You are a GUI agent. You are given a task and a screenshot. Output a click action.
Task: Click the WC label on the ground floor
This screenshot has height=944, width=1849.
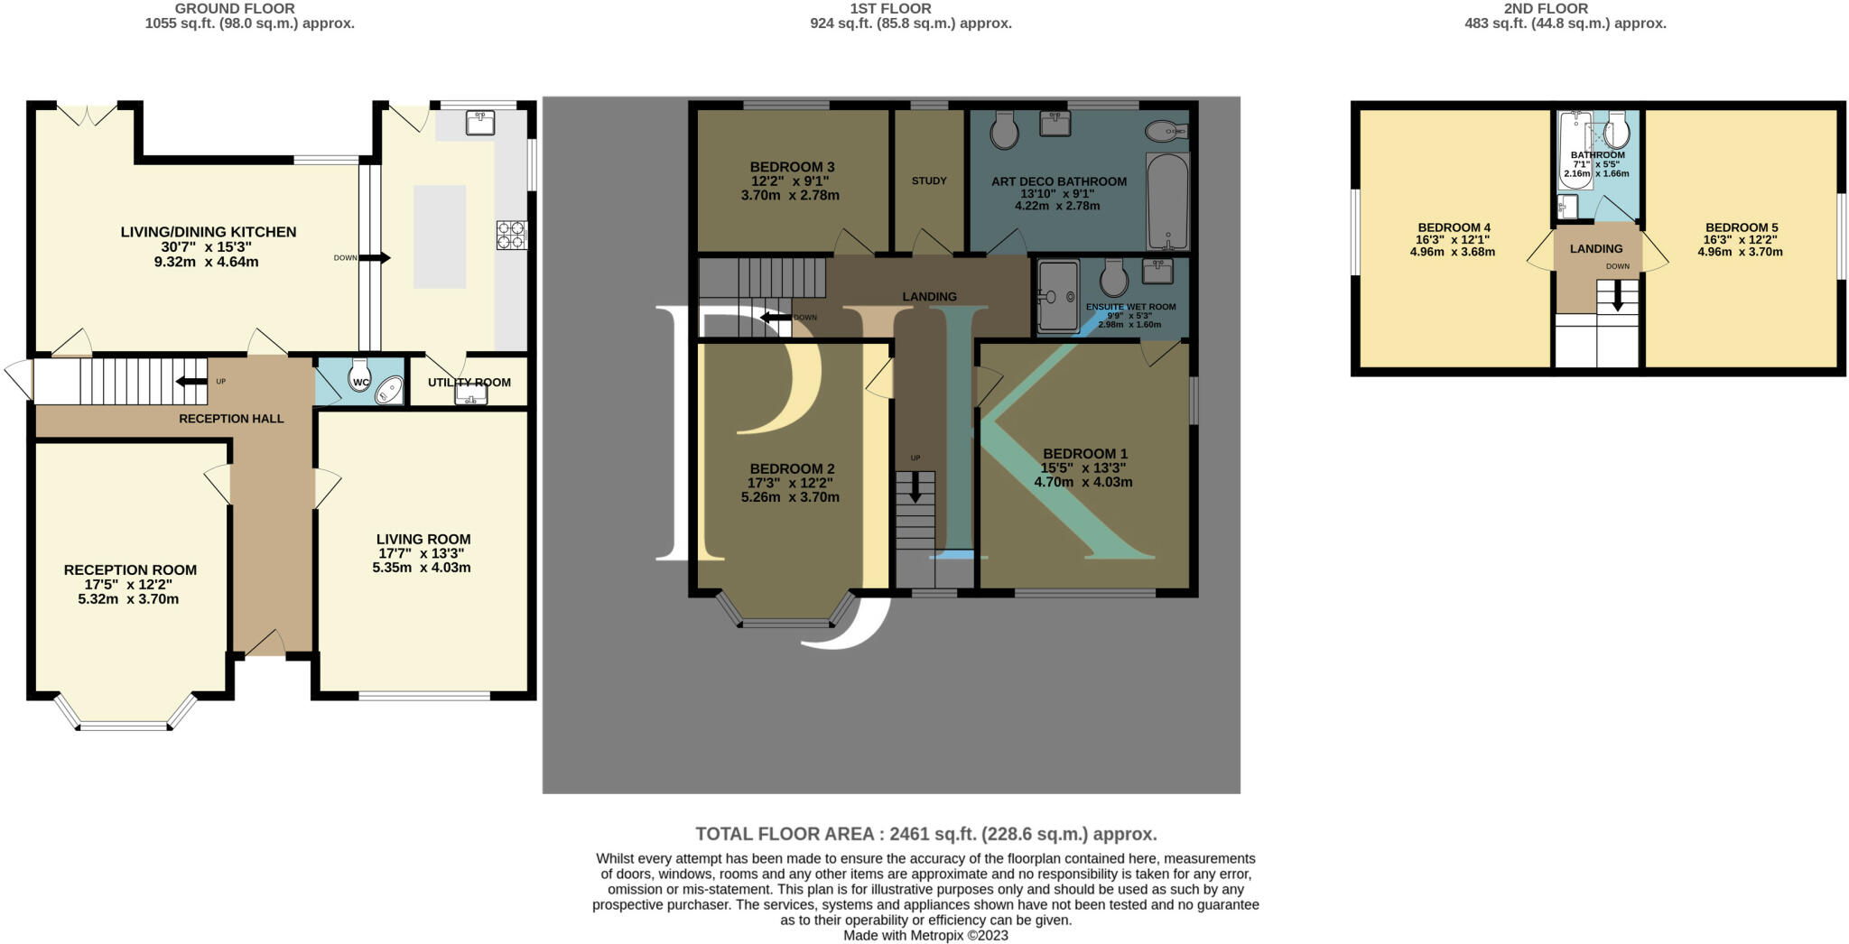(361, 383)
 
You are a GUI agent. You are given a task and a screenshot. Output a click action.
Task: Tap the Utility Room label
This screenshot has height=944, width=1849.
(469, 383)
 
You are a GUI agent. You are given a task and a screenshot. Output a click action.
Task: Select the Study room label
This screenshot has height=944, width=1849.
(929, 180)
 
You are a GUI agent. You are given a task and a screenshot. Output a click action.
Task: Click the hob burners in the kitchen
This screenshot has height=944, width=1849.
(511, 235)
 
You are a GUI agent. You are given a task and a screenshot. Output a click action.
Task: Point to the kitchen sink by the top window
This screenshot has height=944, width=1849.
(480, 123)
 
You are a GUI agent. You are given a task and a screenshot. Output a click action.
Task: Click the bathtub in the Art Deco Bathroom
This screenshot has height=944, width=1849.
(1167, 201)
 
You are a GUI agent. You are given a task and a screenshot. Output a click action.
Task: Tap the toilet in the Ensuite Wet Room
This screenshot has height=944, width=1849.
(1112, 278)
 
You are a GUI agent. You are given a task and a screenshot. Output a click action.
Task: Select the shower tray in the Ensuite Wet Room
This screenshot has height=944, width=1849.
(1058, 296)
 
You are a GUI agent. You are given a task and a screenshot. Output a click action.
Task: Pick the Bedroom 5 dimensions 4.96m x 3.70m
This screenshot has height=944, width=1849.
(1740, 252)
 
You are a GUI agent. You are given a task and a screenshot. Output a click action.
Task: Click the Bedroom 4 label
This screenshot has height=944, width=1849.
(1454, 227)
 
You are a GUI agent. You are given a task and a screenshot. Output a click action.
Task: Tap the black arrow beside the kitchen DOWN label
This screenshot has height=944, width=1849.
(376, 258)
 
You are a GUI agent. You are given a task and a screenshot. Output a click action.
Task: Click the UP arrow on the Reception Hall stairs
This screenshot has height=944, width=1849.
(191, 381)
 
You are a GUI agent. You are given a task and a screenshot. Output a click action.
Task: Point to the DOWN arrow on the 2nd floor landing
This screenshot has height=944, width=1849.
(1618, 296)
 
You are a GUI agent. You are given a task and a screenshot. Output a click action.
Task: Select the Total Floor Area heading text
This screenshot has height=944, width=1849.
(926, 834)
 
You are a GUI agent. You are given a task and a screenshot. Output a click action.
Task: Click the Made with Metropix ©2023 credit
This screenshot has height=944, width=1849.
(925, 936)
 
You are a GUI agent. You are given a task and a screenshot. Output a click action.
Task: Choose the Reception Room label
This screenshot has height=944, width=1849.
(130, 569)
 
